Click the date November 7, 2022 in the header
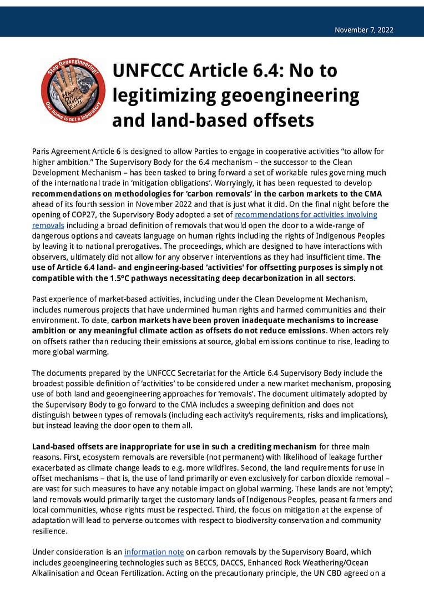(364, 30)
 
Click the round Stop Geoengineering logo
(73, 92)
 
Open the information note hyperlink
(154, 552)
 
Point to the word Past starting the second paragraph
(41, 299)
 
